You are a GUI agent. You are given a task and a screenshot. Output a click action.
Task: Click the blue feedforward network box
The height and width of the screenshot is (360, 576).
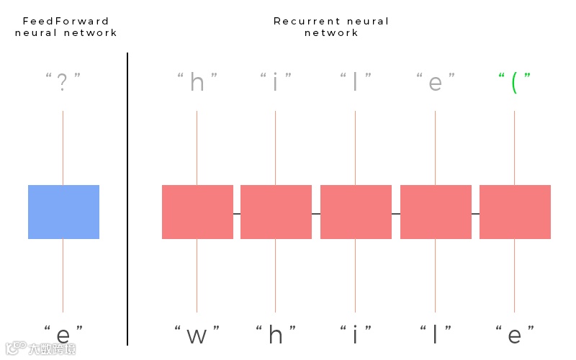pyautogui.click(x=63, y=212)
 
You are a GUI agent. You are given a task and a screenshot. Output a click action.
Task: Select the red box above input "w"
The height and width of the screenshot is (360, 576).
pyautogui.click(x=197, y=212)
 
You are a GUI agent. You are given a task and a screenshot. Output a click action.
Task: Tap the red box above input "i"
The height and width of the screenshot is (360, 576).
pyautogui.click(x=356, y=212)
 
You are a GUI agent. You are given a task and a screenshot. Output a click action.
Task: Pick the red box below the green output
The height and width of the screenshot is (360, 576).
pyautogui.click(x=515, y=212)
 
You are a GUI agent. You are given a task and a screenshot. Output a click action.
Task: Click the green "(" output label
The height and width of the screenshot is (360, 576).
pyautogui.click(x=514, y=84)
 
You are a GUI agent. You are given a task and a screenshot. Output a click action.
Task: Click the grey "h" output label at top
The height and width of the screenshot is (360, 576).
pyautogui.click(x=197, y=84)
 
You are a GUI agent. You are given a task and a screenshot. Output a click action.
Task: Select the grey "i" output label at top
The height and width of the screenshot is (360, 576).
pyautogui.click(x=276, y=84)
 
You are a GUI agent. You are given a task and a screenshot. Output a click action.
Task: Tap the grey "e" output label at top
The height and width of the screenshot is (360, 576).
pyautogui.click(x=435, y=84)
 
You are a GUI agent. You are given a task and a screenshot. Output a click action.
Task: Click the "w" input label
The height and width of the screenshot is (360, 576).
pyautogui.click(x=197, y=335)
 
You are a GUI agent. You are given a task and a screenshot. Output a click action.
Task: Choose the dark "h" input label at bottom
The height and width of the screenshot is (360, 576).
pyautogui.click(x=276, y=334)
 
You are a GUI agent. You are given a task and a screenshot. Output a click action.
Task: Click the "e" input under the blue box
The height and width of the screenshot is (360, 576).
pyautogui.click(x=63, y=335)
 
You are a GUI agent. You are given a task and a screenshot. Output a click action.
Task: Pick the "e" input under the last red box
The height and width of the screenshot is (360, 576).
pyautogui.click(x=514, y=335)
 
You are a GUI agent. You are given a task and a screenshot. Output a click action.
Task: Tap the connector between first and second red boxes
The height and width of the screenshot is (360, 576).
pyautogui.click(x=237, y=214)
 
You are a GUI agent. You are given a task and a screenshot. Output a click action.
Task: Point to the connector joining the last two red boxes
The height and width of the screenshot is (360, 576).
pyautogui.click(x=475, y=214)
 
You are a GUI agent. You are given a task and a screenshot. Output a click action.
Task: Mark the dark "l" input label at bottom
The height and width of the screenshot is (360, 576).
pyautogui.click(x=435, y=334)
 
